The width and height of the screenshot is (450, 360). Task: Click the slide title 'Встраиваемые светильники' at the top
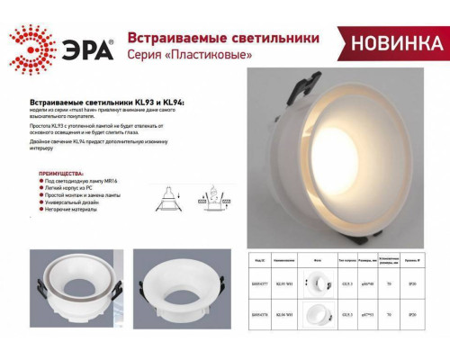click(x=222, y=40)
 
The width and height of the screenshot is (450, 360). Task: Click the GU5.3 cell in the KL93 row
click(x=346, y=283)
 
